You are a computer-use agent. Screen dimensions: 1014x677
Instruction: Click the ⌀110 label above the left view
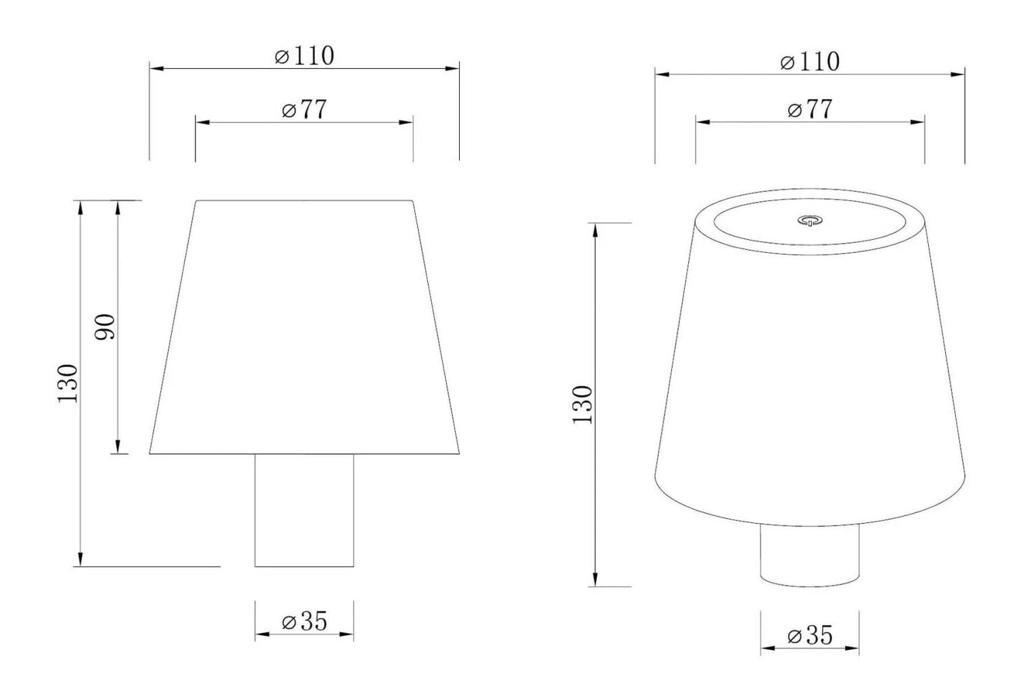coord(304,55)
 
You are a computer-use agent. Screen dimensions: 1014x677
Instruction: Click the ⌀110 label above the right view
coord(810,61)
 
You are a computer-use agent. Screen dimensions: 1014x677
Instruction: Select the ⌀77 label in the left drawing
coord(304,109)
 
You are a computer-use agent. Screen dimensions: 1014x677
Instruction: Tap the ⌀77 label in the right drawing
coord(810,109)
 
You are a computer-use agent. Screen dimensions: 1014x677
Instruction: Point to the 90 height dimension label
coord(105,326)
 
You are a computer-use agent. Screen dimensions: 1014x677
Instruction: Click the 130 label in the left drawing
coord(68,383)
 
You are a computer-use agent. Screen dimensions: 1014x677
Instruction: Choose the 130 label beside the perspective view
coord(583,405)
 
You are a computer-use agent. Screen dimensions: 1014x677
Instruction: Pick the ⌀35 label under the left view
coord(304,622)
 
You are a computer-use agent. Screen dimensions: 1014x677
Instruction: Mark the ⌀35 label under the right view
coord(810,635)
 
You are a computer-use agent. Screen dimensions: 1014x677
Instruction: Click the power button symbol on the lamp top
coord(810,221)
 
